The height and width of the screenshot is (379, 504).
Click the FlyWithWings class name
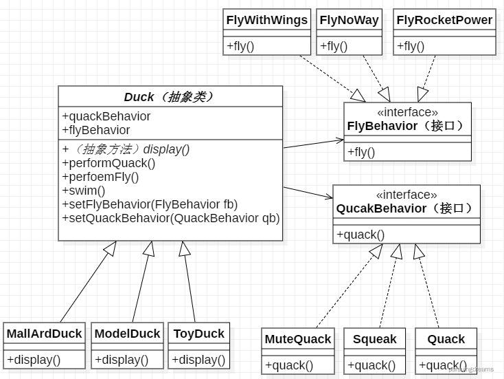[267, 20]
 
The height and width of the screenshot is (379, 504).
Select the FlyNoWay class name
[349, 20]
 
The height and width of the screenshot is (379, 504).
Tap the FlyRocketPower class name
[444, 20]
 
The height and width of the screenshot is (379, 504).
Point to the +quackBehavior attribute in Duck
[106, 116]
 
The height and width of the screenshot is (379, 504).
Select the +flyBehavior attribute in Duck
[96, 130]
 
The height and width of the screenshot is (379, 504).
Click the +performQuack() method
[108, 163]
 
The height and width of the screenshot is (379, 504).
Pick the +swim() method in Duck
[84, 191]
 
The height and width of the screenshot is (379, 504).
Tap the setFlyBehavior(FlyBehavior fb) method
[150, 204]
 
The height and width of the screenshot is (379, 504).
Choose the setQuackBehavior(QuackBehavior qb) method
[171, 218]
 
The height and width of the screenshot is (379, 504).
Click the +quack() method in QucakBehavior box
[360, 235]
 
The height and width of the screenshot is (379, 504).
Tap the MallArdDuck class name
[44, 334]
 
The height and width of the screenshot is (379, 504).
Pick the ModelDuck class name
[127, 334]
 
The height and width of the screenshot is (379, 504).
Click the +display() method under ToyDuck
[198, 359]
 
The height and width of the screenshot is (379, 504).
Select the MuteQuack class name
[298, 339]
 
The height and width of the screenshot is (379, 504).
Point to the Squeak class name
[375, 339]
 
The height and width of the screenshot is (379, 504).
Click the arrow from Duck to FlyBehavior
[313, 143]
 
